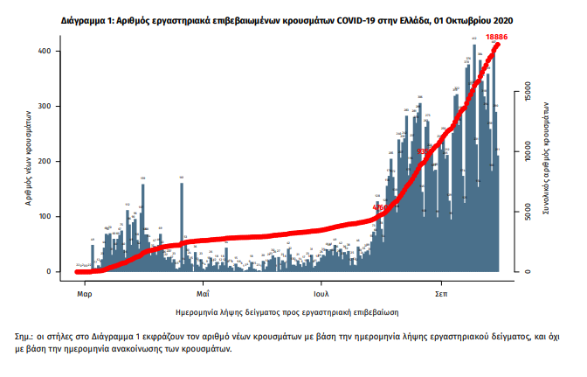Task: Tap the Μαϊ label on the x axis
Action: click(x=203, y=285)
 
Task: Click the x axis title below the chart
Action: click(x=288, y=311)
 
